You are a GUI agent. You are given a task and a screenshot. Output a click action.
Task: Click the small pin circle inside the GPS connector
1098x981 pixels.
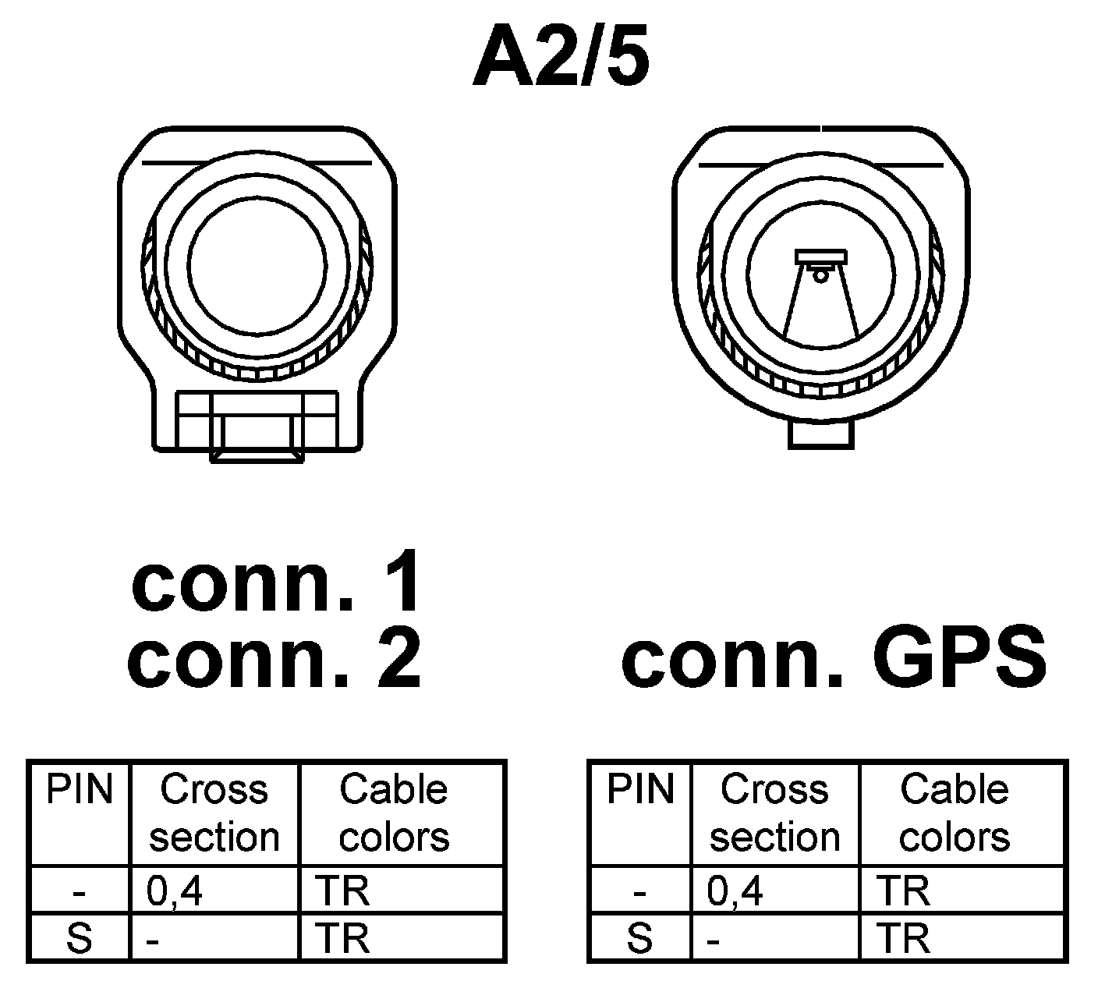tap(820, 274)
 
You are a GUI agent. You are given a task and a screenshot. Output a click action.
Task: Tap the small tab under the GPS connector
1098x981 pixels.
tap(820, 434)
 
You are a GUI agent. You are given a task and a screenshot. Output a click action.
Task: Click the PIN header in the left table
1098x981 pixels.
tap(80, 789)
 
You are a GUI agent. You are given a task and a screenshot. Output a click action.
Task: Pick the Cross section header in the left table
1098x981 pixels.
tap(214, 813)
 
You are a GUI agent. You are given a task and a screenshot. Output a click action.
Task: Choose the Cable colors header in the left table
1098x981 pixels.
tap(394, 813)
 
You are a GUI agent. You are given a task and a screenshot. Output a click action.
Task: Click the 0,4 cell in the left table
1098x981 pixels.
tap(175, 891)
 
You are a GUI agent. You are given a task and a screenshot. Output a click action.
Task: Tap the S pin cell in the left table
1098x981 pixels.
tap(80, 938)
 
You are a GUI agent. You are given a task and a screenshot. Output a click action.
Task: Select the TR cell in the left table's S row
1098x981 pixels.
tap(343, 938)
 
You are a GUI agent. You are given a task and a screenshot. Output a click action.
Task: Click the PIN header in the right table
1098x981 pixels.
tap(640, 789)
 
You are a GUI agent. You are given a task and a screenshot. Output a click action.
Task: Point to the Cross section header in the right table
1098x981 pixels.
tap(774, 813)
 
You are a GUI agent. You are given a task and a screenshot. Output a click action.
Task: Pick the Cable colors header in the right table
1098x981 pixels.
tap(955, 813)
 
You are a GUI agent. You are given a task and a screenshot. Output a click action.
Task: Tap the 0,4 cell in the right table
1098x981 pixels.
tap(735, 891)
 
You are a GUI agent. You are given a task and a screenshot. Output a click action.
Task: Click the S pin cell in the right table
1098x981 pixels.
tap(640, 938)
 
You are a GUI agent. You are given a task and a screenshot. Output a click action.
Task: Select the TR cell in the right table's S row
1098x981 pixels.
tap(904, 938)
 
